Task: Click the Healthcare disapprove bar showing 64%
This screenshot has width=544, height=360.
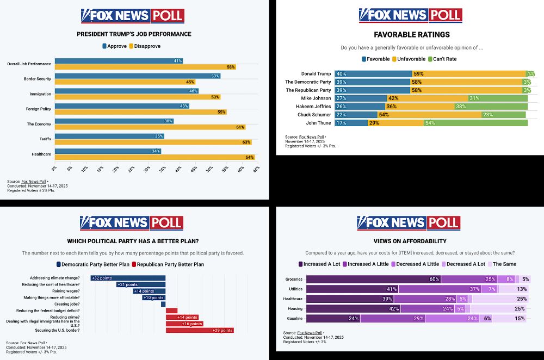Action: [154, 157]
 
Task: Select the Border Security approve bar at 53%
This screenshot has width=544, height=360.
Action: [137, 76]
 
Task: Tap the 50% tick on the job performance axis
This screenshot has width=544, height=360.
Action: [209, 170]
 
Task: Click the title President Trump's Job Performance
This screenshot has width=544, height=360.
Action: [134, 34]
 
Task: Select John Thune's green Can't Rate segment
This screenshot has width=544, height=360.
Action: [475, 123]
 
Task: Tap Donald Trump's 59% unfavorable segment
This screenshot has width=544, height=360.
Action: [468, 73]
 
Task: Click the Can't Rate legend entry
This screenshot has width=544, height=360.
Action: [442, 59]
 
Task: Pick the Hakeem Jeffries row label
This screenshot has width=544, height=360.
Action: [315, 107]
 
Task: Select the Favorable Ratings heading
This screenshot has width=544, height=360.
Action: [410, 35]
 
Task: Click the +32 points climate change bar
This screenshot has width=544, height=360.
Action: [128, 278]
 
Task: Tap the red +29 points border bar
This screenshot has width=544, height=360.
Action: [200, 330]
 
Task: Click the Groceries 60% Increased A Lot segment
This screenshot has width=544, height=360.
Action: [373, 279]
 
